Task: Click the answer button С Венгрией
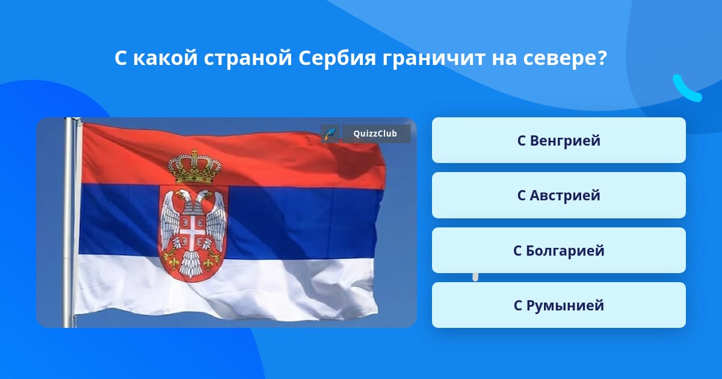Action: click(x=558, y=140)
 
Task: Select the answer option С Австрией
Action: click(x=558, y=196)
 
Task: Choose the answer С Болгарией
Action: click(x=558, y=250)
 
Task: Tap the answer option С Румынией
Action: click(x=558, y=305)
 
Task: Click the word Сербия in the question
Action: click(x=337, y=58)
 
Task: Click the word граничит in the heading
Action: click(x=434, y=59)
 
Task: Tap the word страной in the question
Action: click(x=248, y=59)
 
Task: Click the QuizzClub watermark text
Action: click(x=375, y=134)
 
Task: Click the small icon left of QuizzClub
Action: click(x=330, y=134)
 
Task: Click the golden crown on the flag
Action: click(x=195, y=167)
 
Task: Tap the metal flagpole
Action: click(x=69, y=223)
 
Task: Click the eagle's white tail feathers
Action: click(x=191, y=263)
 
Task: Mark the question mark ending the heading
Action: click(x=602, y=58)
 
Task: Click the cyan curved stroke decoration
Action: click(x=686, y=88)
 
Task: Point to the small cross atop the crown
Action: click(x=194, y=152)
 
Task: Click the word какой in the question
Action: click(x=165, y=58)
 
